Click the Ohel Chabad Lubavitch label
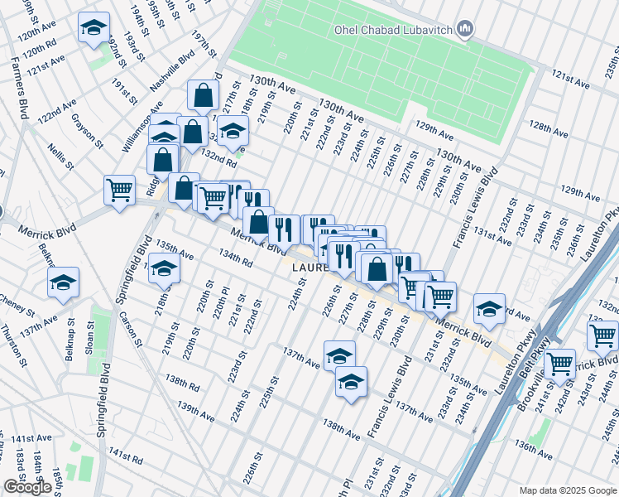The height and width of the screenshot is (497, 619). coord(392,31)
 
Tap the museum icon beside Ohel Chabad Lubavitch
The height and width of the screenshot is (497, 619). coord(464,31)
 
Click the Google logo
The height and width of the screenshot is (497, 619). coord(27,487)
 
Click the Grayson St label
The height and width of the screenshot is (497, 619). coord(88,131)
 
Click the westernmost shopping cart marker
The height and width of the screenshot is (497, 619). coord(120,190)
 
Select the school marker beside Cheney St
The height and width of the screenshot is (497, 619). coord(64,282)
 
